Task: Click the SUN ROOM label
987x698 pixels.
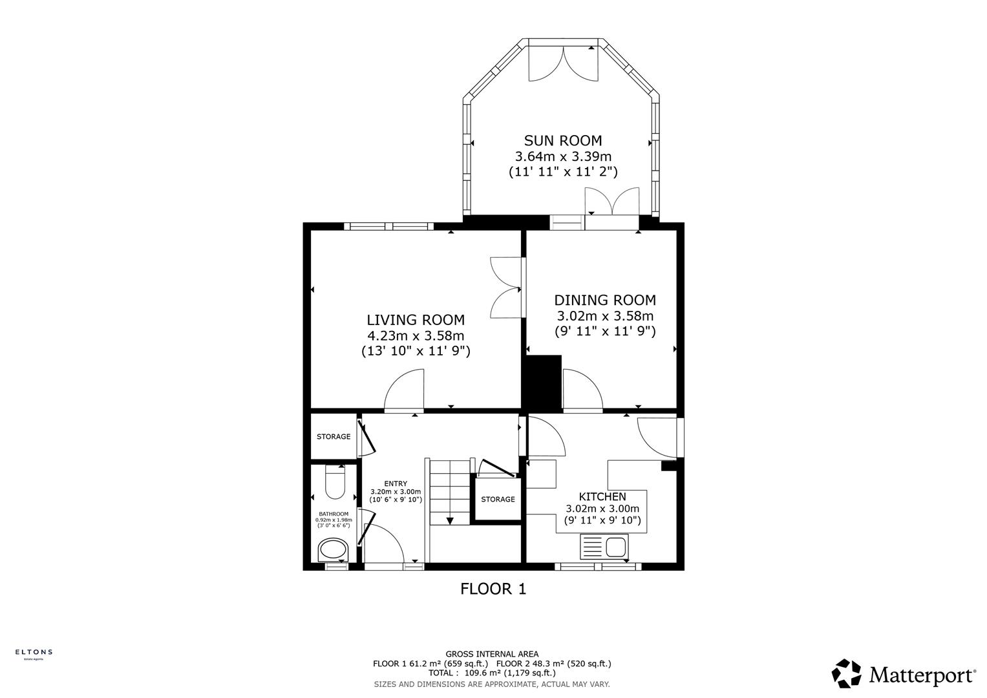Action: coord(562,140)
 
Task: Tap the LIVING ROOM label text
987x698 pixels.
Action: coord(415,319)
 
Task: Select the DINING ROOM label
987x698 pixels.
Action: coord(604,300)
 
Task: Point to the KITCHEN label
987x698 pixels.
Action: coord(602,496)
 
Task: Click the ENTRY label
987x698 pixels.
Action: coord(395,483)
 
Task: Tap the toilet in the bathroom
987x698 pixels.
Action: coord(334,483)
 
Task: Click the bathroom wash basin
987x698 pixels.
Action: coord(333,550)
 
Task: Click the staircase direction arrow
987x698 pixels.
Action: coord(449,520)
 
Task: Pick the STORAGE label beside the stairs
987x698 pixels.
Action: coord(498,499)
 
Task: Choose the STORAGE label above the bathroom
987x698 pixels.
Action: coord(333,436)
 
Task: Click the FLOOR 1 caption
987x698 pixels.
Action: coord(493,589)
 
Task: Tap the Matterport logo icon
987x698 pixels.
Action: coord(846,673)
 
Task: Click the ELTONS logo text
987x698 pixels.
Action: coord(34,652)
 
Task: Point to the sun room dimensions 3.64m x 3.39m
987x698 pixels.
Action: coord(562,156)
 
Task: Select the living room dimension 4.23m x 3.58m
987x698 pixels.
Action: coord(415,335)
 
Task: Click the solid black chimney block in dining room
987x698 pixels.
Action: coord(543,383)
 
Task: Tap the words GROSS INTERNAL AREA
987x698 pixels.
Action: coord(491,654)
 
